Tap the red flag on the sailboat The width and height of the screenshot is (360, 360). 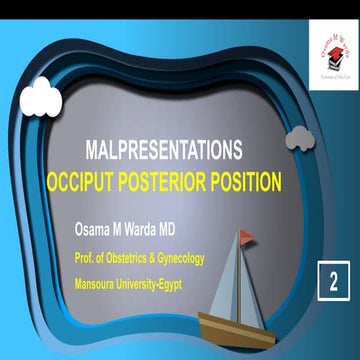click(246, 236)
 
